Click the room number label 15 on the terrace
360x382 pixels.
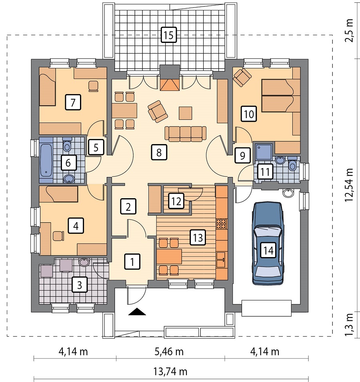168,35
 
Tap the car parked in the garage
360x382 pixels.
268,243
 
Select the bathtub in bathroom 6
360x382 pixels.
46,160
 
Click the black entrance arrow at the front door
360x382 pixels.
137,312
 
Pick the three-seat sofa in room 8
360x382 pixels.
186,134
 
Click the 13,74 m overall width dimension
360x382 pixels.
170,372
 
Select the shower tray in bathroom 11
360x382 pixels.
264,152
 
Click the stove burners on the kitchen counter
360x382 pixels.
221,224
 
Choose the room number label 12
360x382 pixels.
176,201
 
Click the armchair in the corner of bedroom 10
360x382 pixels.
242,77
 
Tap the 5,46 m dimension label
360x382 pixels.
169,352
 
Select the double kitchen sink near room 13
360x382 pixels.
221,260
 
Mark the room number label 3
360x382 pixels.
80,285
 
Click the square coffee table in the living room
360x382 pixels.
186,113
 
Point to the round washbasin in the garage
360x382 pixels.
289,193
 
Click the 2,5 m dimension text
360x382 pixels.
349,31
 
